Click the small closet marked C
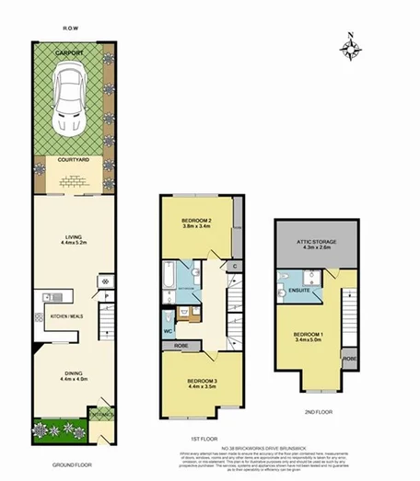[236, 268]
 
